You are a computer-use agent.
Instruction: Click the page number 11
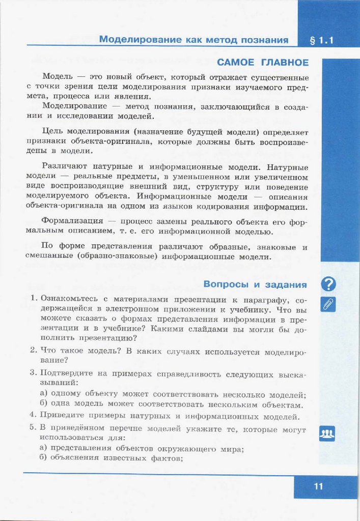coord(319,486)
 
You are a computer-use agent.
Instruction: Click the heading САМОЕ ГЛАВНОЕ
coord(263,63)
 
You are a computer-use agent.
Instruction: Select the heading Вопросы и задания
coord(255,284)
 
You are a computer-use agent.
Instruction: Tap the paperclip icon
coord(328,304)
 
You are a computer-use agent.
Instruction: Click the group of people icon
coord(327,433)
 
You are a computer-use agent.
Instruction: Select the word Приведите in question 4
coord(63,417)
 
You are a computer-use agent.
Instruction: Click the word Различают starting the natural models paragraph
coord(66,167)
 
